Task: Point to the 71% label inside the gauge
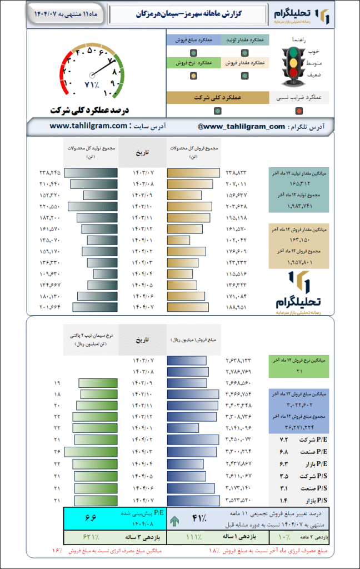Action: click(x=91, y=84)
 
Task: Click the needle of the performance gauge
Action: click(x=100, y=67)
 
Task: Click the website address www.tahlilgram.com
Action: click(x=89, y=126)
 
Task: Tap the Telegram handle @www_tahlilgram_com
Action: click(x=241, y=126)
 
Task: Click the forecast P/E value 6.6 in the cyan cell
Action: click(x=91, y=518)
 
